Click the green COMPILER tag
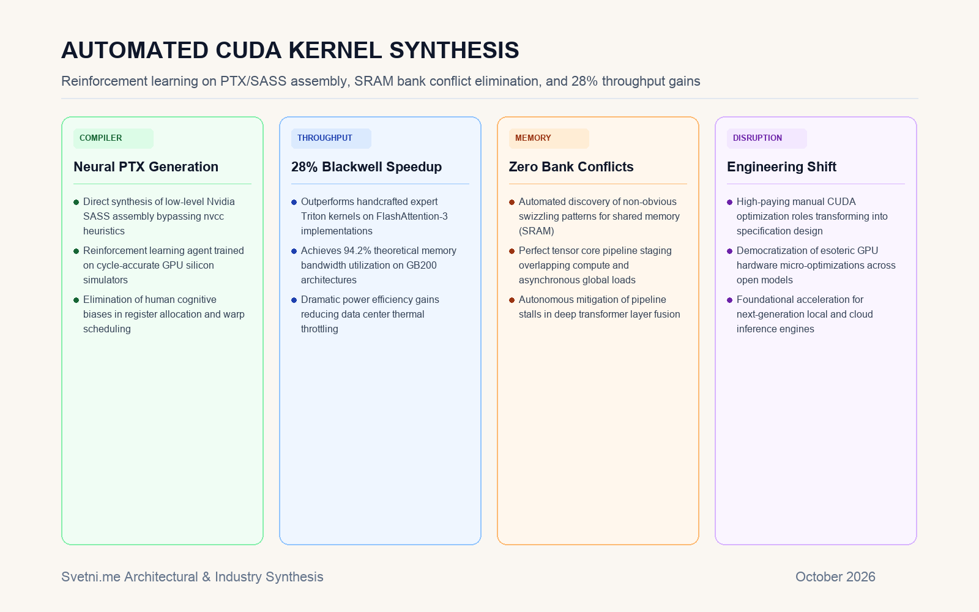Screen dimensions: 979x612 113,138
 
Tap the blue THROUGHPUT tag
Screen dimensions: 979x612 331,138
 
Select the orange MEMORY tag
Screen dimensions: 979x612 549,138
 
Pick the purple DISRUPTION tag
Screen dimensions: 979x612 767,138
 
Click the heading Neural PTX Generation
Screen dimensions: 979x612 146,167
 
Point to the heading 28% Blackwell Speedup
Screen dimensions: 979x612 367,167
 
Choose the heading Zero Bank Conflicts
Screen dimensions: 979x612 571,167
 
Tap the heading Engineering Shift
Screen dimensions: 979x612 781,167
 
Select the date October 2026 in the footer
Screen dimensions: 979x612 835,577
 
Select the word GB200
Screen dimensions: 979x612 422,266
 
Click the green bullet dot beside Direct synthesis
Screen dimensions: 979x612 76,203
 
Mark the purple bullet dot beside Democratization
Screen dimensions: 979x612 729,252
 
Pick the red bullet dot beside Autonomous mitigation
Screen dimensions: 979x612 512,300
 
